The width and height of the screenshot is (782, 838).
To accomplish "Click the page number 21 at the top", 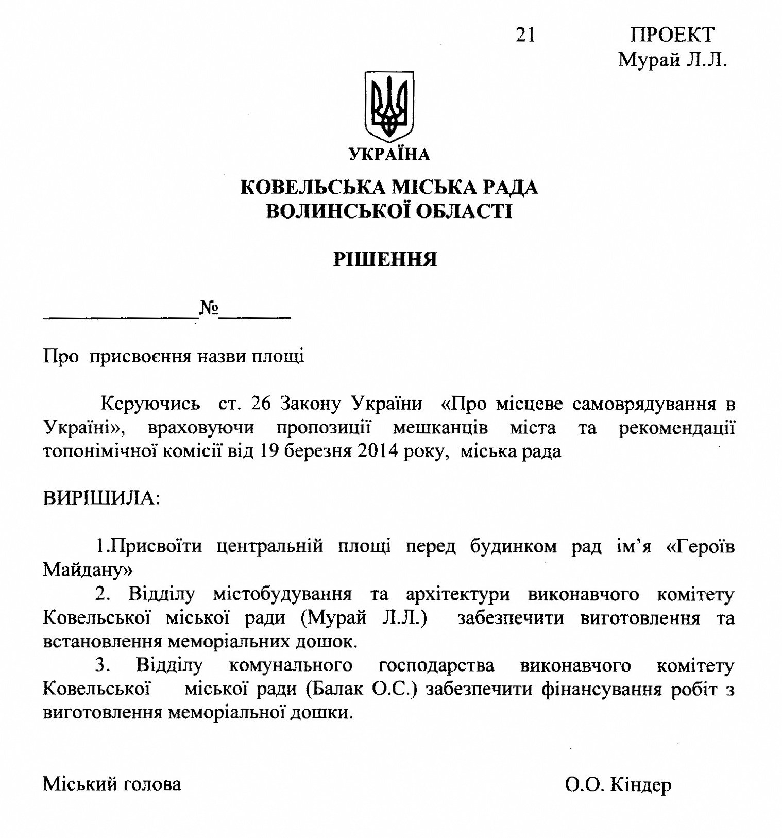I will [x=525, y=35].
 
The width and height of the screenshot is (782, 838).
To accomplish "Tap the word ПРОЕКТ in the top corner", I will [x=672, y=35].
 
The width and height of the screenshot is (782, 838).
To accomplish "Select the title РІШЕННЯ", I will [x=385, y=259].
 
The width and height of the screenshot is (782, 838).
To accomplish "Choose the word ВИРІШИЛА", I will [x=101, y=498].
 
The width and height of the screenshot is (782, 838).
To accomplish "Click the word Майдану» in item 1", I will [x=88, y=569].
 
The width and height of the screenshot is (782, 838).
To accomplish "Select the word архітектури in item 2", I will [x=458, y=594].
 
